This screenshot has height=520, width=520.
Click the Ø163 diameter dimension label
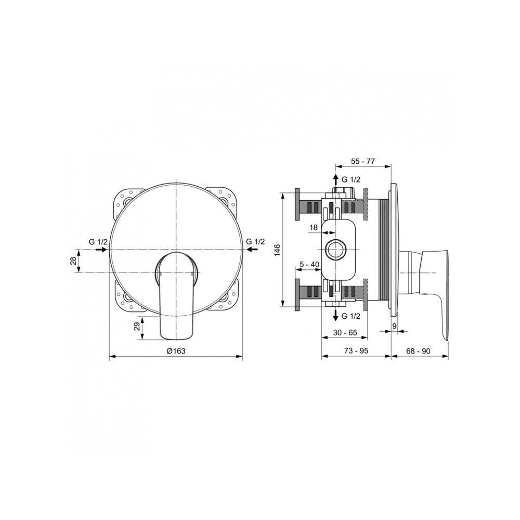[176, 351]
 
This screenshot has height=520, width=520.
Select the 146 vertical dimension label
[277, 250]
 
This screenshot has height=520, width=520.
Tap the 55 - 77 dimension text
[362, 161]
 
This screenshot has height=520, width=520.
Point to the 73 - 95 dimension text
[356, 351]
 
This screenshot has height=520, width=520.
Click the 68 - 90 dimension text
[419, 351]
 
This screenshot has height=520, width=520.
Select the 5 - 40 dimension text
[309, 265]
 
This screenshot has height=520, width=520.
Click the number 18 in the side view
[314, 227]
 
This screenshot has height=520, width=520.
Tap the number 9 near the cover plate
[394, 326]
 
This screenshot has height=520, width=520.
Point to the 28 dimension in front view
[73, 261]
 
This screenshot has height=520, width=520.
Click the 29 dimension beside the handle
[137, 328]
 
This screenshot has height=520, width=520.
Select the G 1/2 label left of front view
[98, 242]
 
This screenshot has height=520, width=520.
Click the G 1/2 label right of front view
[255, 242]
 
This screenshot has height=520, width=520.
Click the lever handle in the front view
[176, 294]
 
